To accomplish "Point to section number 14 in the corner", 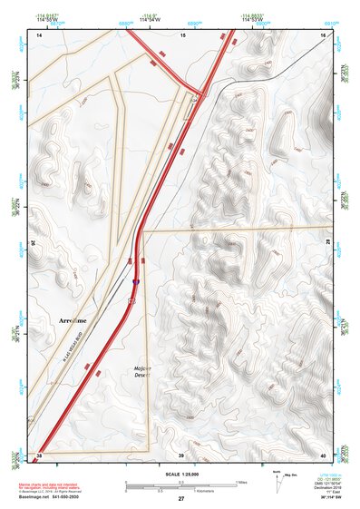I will (x=39, y=34).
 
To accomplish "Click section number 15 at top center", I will (x=182, y=34).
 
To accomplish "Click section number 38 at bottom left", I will (x=39, y=455).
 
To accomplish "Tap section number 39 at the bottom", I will (x=180, y=455).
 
